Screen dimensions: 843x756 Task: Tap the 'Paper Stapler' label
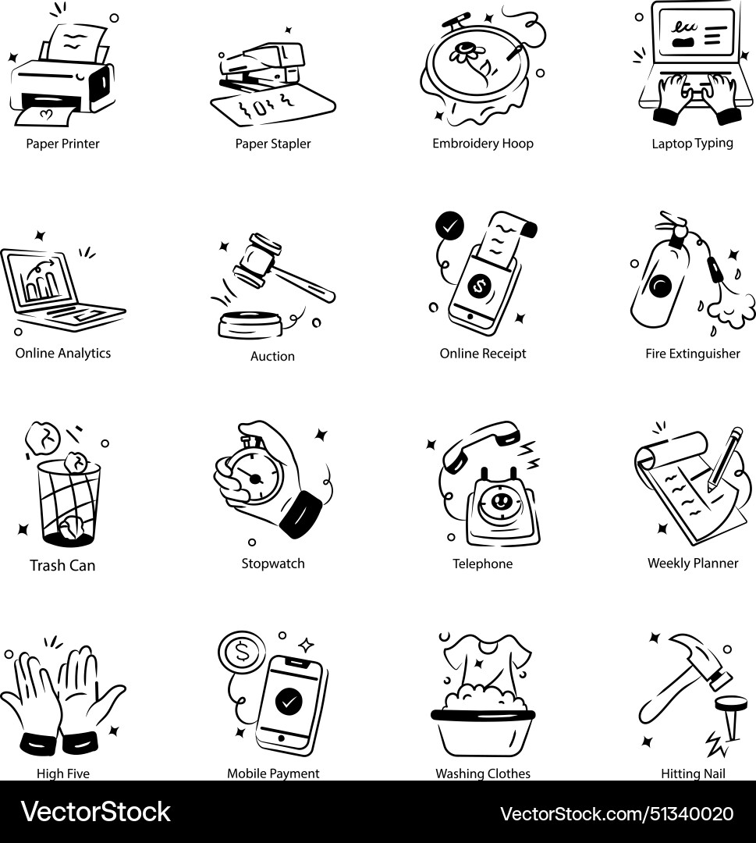pyautogui.click(x=273, y=144)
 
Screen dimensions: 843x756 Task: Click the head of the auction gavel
pyautogui.click(x=257, y=258)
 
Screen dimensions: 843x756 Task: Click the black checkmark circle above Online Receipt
pyautogui.click(x=449, y=226)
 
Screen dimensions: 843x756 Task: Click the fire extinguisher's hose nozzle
pyautogui.click(x=715, y=270)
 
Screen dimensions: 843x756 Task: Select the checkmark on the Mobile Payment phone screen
pyautogui.click(x=289, y=702)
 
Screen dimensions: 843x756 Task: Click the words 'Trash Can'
pyautogui.click(x=62, y=565)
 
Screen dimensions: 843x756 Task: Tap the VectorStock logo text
pyautogui.click(x=96, y=812)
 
